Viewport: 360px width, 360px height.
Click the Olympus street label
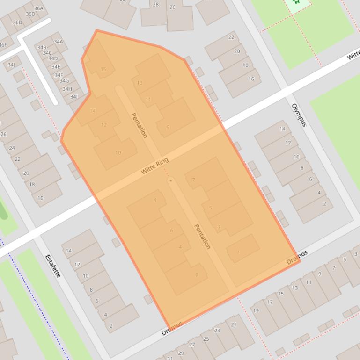299,115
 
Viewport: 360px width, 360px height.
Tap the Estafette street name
53,266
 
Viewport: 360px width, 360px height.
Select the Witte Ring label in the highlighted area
154,166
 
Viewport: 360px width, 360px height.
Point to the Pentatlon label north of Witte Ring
139,125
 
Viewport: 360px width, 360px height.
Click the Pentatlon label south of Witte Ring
202,236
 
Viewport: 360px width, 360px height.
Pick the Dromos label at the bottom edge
171,329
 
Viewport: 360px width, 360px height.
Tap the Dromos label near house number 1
297,257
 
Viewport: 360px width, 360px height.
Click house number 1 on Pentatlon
238,252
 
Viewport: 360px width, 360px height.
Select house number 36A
38,8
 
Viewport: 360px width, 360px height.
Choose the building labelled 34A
58,42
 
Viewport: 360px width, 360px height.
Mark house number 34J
11,65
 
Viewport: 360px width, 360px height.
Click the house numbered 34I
73,97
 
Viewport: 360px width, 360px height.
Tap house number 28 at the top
155,5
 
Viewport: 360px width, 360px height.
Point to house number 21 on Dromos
234,324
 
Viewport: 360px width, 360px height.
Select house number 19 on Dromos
256,310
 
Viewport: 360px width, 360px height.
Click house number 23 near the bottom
217,331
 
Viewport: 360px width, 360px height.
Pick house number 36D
17,22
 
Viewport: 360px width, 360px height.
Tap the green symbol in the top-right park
296,2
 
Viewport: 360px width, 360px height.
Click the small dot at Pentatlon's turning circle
171,180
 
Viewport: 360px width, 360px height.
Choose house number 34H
67,89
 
